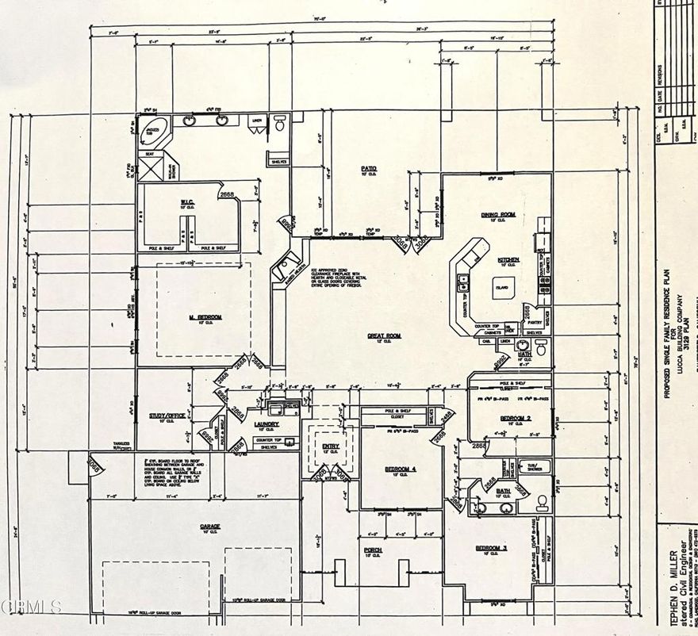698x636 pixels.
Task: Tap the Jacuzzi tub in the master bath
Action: click(x=153, y=127)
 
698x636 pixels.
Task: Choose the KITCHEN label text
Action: click(x=508, y=259)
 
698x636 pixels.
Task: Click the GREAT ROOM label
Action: click(x=384, y=335)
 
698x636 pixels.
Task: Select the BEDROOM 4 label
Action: click(x=401, y=469)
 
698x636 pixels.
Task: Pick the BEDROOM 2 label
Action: click(x=516, y=417)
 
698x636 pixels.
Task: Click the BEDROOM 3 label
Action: click(x=491, y=548)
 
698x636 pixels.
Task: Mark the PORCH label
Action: click(x=373, y=550)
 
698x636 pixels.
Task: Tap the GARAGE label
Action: click(x=210, y=526)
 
